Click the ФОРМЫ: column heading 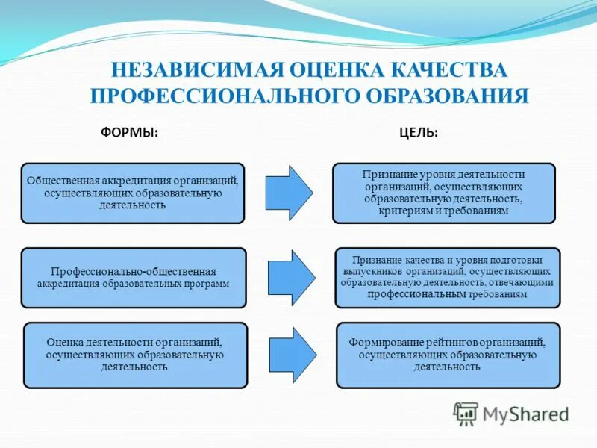click(129, 132)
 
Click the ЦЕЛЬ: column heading click(418, 132)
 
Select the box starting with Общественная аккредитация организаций click(133, 193)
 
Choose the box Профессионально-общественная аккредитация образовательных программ click(133, 278)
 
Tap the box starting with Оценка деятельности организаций click(135, 355)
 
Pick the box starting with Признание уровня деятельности click(444, 193)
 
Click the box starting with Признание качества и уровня click(447, 278)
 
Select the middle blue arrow click(291, 278)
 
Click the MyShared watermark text click(525, 414)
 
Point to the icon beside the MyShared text click(466, 414)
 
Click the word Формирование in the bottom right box click(384, 343)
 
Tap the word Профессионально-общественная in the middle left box click(134, 272)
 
